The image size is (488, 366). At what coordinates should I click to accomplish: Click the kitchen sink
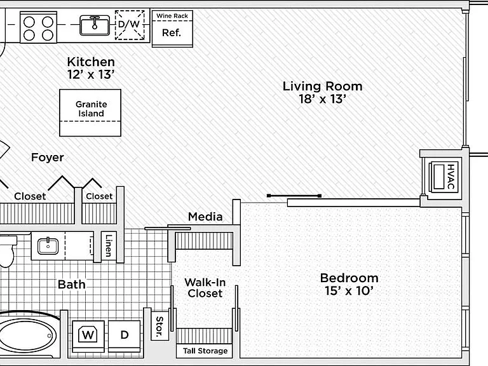(x=95, y=25)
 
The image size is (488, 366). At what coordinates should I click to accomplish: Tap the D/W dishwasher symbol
(x=130, y=25)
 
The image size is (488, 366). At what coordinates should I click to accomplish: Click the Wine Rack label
(x=172, y=15)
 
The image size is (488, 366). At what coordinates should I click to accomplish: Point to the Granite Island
(x=90, y=112)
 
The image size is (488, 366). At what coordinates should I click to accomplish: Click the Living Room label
(x=322, y=86)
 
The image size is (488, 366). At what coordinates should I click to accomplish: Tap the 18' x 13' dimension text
(x=322, y=99)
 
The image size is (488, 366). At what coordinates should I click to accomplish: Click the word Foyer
(x=47, y=157)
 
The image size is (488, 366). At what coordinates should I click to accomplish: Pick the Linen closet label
(x=108, y=245)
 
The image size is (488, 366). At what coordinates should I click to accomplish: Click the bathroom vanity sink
(x=48, y=246)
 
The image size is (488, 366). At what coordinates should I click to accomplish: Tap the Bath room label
(x=72, y=284)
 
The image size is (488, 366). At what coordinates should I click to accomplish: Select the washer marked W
(x=88, y=335)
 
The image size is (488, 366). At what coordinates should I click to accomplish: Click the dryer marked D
(x=125, y=335)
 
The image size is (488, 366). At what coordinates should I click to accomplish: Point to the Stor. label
(x=159, y=327)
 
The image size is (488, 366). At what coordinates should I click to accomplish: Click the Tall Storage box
(x=205, y=351)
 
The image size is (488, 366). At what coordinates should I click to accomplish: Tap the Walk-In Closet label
(x=205, y=288)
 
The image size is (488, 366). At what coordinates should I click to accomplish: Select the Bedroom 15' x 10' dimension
(x=349, y=290)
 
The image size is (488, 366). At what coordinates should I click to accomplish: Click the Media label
(x=205, y=217)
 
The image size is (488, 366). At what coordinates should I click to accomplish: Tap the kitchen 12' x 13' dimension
(x=91, y=75)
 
